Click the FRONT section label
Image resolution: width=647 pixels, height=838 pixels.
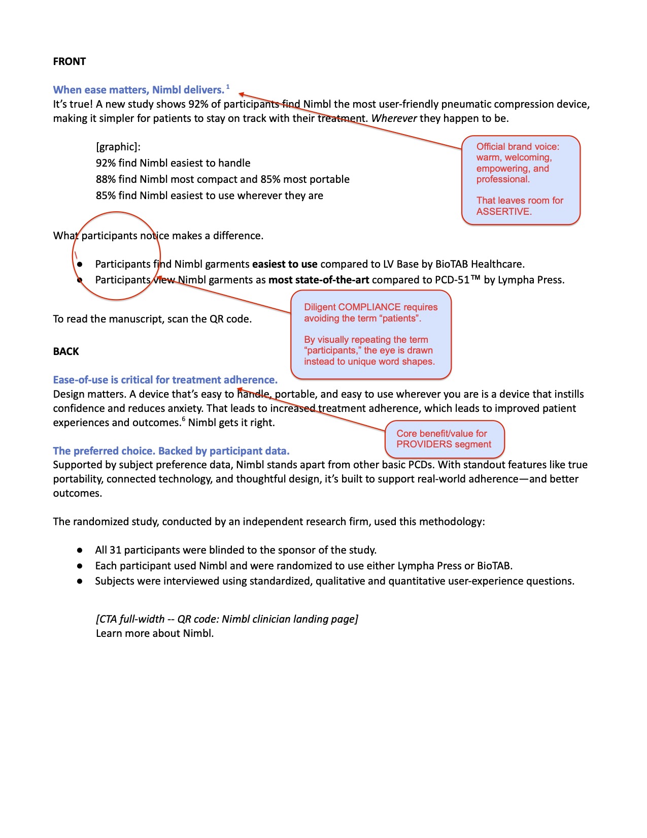(70, 61)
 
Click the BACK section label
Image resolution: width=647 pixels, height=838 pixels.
(66, 351)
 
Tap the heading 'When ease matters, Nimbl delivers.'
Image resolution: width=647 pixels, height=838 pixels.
(139, 90)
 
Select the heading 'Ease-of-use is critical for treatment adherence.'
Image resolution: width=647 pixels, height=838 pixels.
(165, 380)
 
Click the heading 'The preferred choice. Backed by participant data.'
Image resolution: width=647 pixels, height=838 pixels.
(171, 451)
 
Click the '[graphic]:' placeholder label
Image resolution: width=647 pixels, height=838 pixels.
(118, 147)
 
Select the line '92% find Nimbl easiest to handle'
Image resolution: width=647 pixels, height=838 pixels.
(173, 163)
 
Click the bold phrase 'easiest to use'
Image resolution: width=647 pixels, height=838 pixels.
(285, 264)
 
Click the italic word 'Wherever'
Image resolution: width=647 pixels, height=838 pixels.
(394, 118)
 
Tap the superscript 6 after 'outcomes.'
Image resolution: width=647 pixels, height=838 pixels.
(184, 420)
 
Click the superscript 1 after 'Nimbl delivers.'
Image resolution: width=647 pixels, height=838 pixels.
(228, 87)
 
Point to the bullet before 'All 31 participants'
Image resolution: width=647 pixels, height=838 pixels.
(80, 550)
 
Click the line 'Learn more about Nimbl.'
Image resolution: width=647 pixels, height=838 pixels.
(155, 633)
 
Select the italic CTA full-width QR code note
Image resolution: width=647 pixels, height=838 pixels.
(227, 619)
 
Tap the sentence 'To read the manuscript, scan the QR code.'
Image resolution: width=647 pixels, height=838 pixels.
(152, 319)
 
